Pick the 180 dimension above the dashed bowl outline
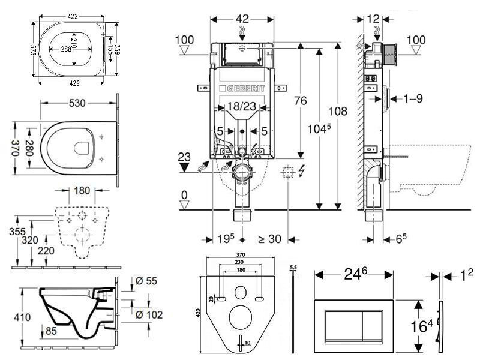(82, 191)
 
